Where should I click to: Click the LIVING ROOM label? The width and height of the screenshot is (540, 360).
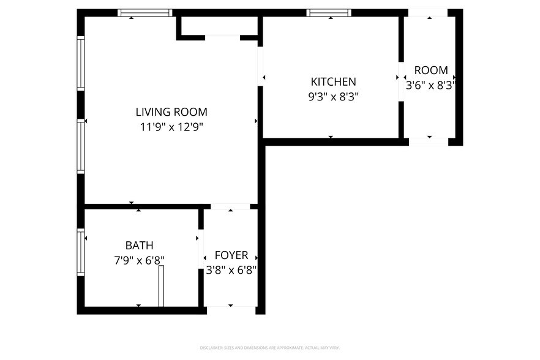click(171, 112)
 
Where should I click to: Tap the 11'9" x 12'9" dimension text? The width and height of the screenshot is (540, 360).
click(171, 127)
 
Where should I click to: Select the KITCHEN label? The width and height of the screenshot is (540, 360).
click(333, 81)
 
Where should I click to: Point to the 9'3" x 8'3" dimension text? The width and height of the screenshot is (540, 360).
click(333, 96)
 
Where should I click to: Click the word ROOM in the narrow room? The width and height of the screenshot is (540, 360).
click(430, 70)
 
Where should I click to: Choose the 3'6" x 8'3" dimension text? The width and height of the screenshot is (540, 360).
click(430, 85)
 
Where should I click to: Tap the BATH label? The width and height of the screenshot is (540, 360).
click(139, 246)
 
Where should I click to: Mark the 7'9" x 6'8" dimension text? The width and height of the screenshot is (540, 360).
click(139, 260)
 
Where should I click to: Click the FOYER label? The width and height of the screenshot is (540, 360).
click(231, 255)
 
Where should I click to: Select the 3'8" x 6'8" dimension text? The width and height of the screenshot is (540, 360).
click(231, 270)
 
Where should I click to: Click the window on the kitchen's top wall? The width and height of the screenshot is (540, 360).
click(329, 13)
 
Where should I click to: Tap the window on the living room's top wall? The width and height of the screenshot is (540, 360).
click(145, 13)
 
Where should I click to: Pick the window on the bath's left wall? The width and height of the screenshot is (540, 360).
click(80, 252)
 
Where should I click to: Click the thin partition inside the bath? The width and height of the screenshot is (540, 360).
click(162, 286)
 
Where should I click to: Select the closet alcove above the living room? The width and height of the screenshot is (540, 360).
click(219, 26)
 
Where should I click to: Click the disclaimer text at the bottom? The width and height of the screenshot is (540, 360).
click(270, 348)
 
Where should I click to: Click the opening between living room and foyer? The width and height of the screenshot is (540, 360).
click(230, 207)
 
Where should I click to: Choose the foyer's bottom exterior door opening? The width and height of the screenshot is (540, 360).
click(230, 310)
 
